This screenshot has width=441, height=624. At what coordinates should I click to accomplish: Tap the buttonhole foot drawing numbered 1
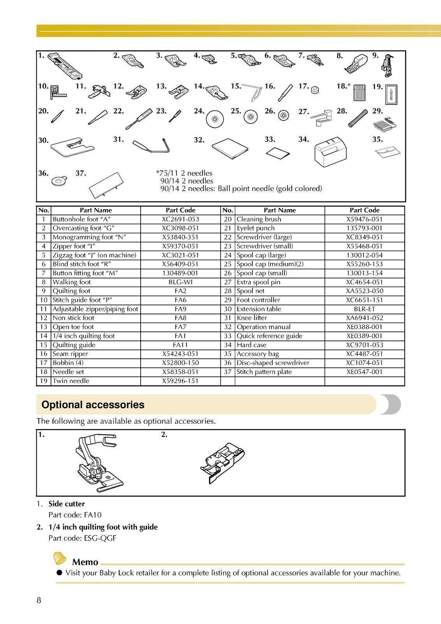pos(65,66)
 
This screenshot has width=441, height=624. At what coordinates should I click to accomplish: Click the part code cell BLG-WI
pos(180,282)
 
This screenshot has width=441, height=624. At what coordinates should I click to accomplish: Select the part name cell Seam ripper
pos(71,354)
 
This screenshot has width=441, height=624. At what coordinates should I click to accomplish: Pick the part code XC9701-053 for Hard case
pos(364,345)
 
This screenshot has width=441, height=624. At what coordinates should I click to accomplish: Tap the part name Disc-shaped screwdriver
pos(273,363)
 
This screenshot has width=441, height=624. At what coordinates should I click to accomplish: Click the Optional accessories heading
pos(93,405)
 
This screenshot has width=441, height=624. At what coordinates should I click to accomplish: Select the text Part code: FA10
pos(75,515)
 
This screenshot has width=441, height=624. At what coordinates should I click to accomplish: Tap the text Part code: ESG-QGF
pos(82,538)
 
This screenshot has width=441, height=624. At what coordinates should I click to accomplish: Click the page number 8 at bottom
pos(39,600)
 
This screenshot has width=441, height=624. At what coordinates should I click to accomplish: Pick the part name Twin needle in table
pos(71,381)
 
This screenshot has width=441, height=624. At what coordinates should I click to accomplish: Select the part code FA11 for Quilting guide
pos(180,345)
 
